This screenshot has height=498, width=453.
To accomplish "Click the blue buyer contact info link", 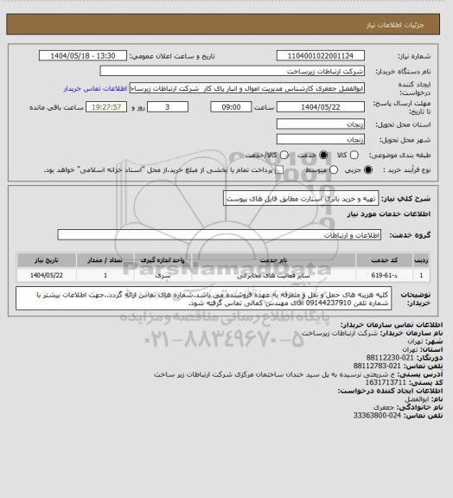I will (96, 88).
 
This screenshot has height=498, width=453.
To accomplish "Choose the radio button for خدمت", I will (323, 155).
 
